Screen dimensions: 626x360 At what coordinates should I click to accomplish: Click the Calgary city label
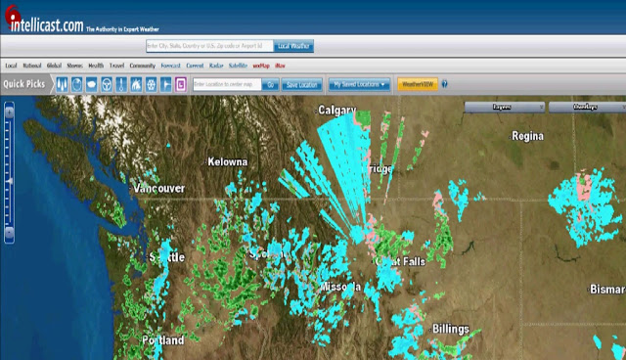(x=336, y=111)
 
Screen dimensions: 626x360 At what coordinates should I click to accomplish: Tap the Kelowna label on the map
(x=227, y=161)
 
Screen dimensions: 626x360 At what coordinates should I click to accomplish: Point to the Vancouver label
(x=158, y=188)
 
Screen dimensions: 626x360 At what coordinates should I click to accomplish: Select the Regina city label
(x=527, y=136)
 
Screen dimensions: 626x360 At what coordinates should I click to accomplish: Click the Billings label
(x=451, y=329)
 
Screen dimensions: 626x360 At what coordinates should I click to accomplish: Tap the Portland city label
(x=162, y=340)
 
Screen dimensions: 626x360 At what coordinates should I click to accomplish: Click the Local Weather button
(x=293, y=46)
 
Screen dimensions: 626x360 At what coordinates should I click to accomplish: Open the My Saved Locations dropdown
(x=359, y=85)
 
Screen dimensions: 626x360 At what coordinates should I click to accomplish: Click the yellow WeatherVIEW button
(x=417, y=85)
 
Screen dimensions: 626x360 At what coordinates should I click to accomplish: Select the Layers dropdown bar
(x=503, y=106)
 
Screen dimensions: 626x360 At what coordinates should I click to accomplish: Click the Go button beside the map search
(x=271, y=85)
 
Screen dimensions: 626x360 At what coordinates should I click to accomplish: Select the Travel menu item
(x=116, y=66)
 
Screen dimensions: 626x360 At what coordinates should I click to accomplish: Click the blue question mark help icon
(x=444, y=85)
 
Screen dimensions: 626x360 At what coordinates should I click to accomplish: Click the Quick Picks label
(x=23, y=84)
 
